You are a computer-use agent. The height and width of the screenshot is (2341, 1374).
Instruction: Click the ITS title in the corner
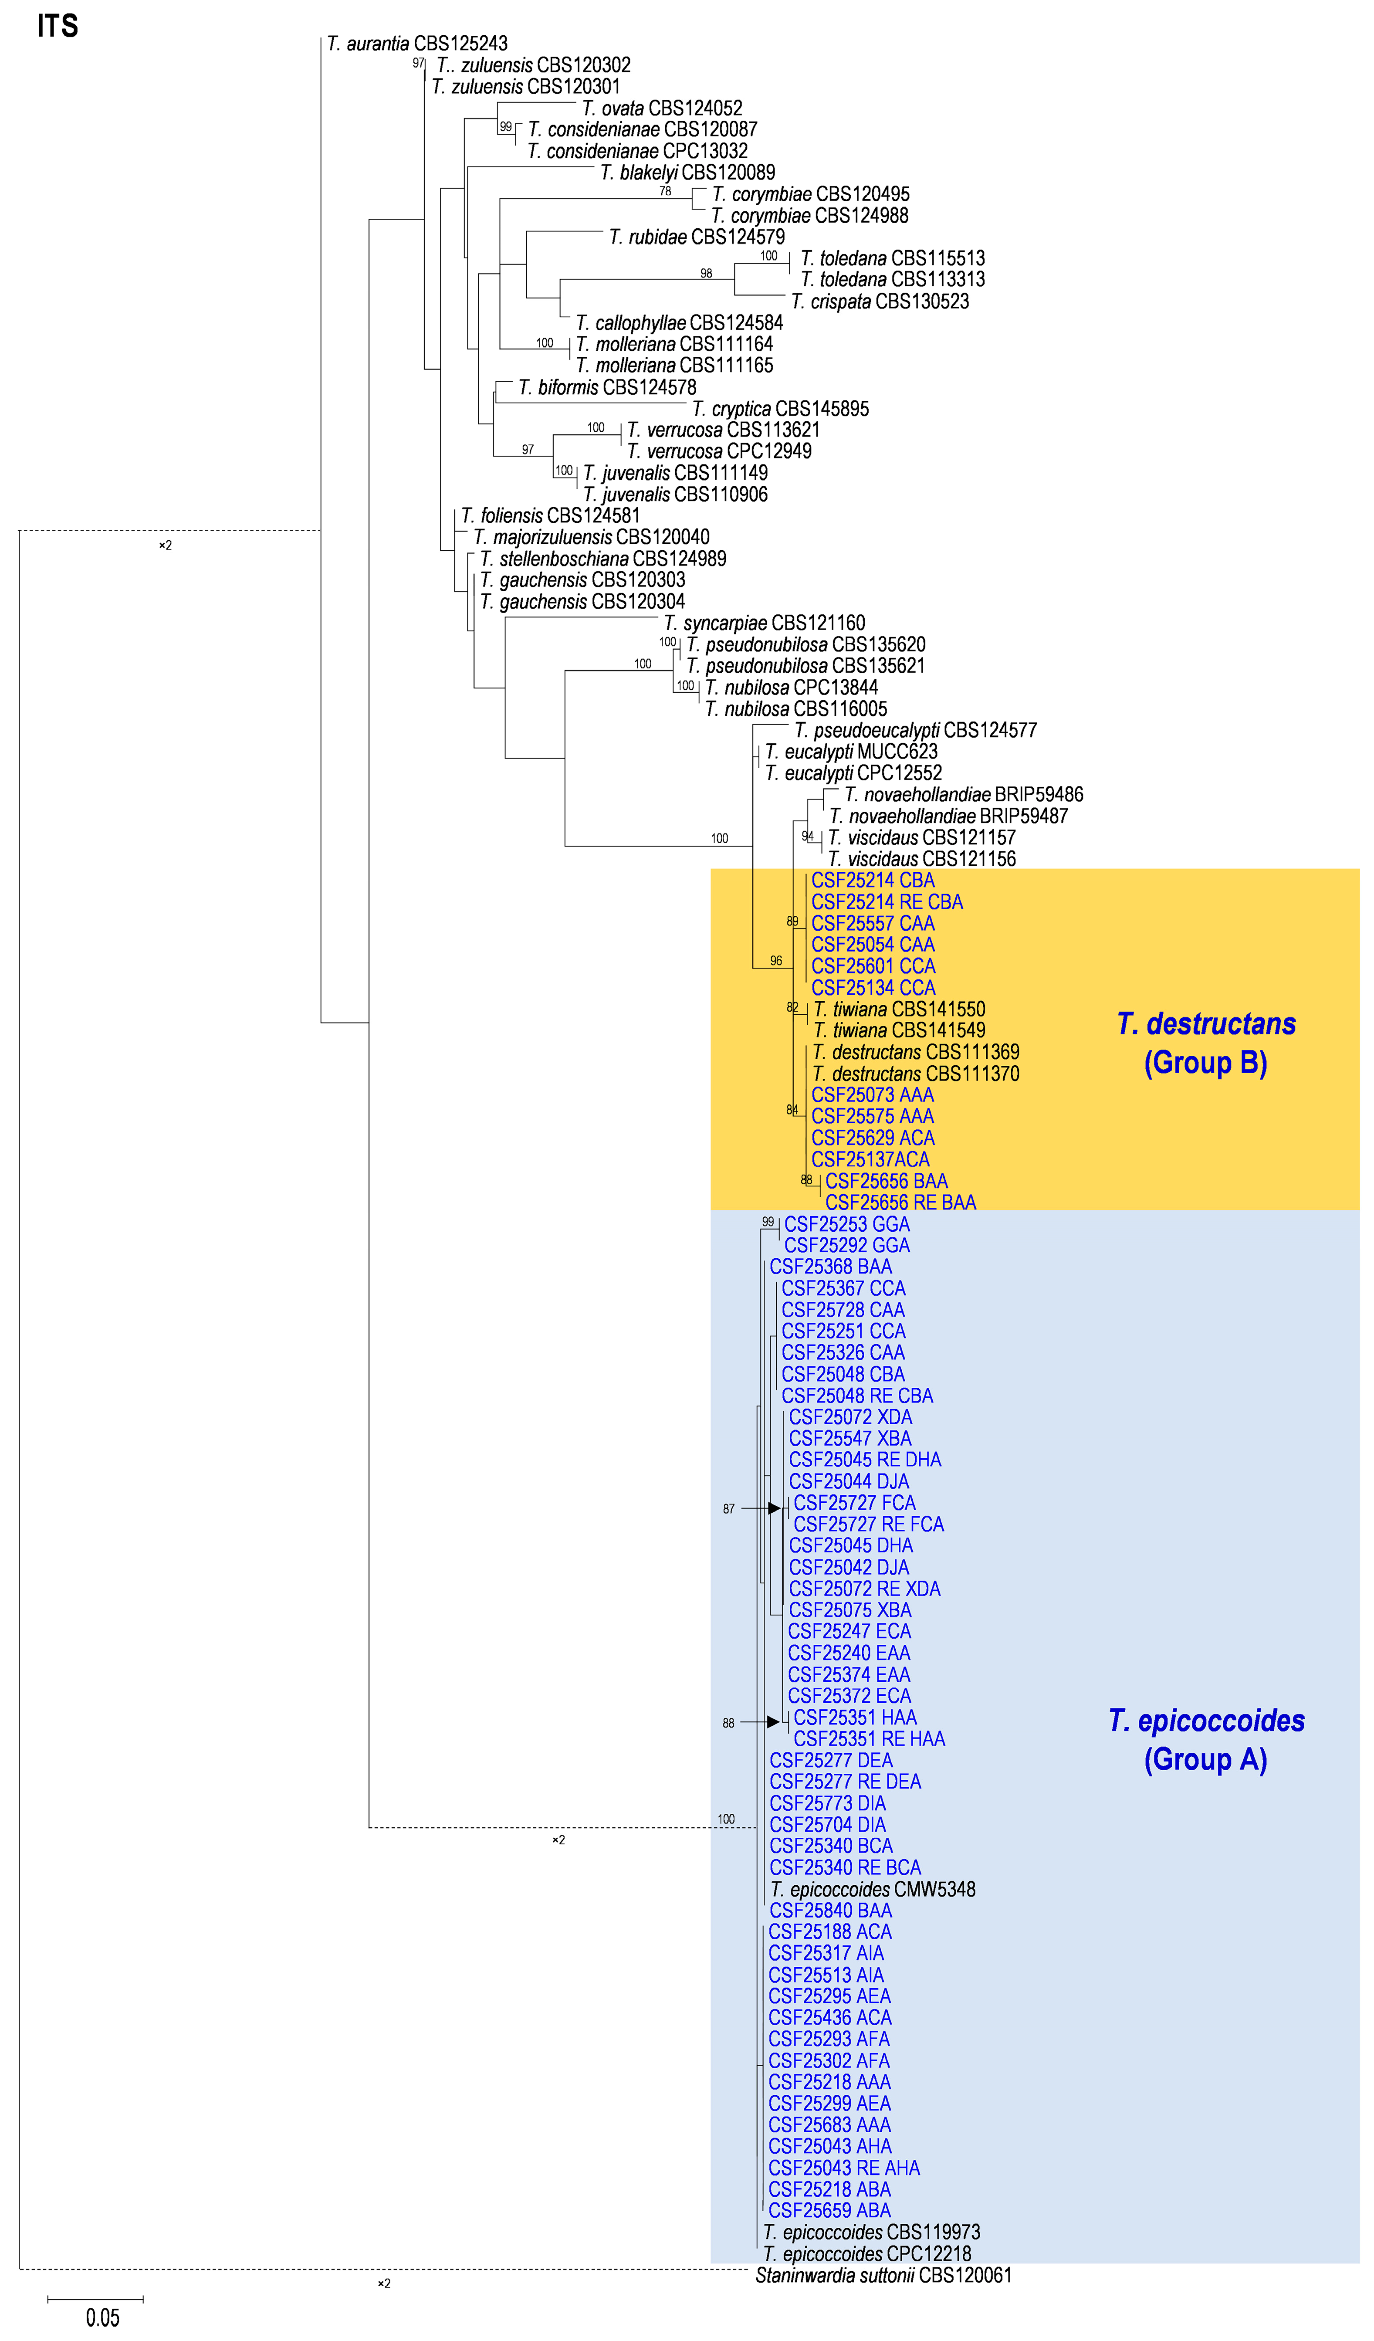click(x=58, y=26)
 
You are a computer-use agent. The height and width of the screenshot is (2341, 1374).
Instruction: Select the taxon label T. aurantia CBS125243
click(x=417, y=44)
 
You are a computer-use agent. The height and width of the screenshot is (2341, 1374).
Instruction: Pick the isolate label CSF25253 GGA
click(x=846, y=1224)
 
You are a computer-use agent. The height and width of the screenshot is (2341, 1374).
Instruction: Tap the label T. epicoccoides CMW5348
click(x=872, y=1890)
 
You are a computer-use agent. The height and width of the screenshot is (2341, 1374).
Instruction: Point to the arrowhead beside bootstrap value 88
click(x=773, y=1722)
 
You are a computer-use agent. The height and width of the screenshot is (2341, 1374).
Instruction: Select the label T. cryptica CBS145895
click(x=780, y=409)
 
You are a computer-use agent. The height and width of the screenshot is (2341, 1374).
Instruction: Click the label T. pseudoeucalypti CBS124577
click(x=915, y=730)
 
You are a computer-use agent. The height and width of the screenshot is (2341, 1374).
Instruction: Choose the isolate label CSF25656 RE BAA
click(x=900, y=1203)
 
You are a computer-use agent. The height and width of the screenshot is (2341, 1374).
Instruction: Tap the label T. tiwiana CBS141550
click(x=898, y=1010)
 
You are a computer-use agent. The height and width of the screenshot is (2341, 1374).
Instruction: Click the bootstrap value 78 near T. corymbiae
click(x=665, y=191)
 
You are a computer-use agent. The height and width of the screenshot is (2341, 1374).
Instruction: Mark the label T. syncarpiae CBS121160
click(x=764, y=623)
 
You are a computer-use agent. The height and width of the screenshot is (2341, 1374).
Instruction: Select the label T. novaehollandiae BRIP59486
click(x=963, y=795)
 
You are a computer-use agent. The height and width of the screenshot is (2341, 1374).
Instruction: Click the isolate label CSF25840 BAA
click(x=830, y=1911)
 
